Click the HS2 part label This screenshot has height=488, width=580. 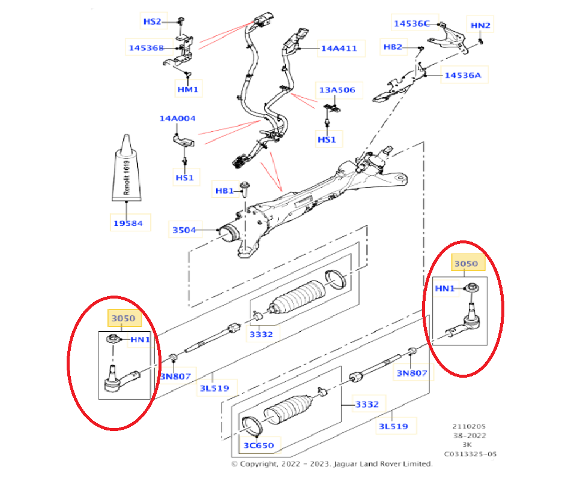coord(152,22)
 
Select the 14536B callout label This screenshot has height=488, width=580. coord(145,47)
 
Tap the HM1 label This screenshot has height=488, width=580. coord(187,90)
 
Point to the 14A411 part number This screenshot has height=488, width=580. coord(339,48)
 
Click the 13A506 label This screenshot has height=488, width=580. coord(337,90)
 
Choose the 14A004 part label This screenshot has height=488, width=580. coord(177,118)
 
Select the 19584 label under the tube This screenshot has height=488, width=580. coord(127,224)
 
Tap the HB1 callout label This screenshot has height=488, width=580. coord(225,191)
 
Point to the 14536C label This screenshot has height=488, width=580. coord(411,24)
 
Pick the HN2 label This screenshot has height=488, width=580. coord(480,25)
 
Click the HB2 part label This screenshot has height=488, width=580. coord(393,46)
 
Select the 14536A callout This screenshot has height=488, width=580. coord(462,76)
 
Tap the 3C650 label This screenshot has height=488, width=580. coord(258,445)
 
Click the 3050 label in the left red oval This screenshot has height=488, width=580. coord(121,318)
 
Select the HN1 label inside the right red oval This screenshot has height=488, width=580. coord(445,288)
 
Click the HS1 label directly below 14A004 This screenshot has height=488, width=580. coord(184,177)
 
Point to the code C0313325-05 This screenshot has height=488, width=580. coord(470,454)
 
